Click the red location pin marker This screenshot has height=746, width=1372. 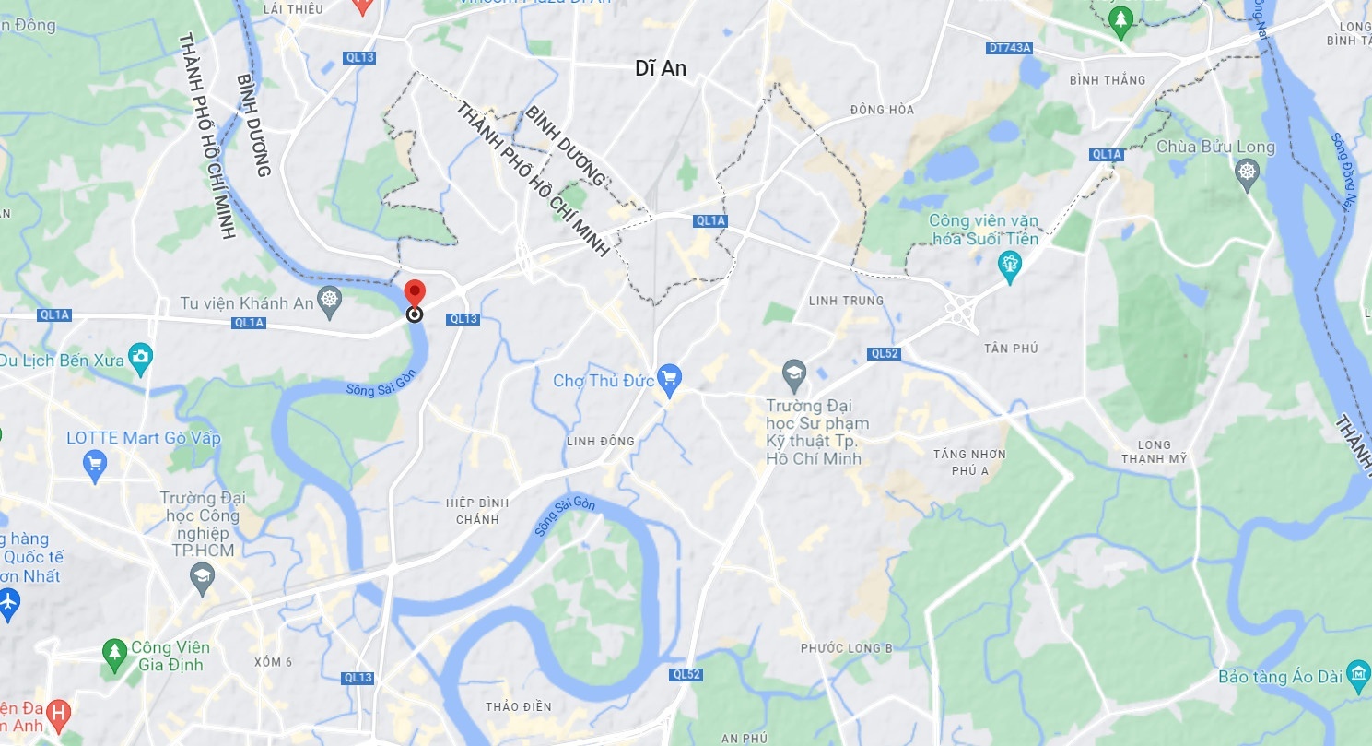(x=415, y=292)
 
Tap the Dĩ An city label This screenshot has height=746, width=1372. (x=661, y=68)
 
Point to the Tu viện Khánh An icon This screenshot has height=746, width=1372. (x=329, y=299)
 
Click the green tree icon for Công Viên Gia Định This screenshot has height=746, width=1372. (x=114, y=651)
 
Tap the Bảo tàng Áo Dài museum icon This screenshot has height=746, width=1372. (x=1358, y=674)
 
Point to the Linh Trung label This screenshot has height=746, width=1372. (x=845, y=301)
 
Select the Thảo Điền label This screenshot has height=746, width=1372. (x=518, y=706)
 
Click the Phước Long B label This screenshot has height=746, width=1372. (x=846, y=648)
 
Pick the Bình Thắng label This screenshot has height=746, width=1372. (x=1108, y=80)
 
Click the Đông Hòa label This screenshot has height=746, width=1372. (x=882, y=110)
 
